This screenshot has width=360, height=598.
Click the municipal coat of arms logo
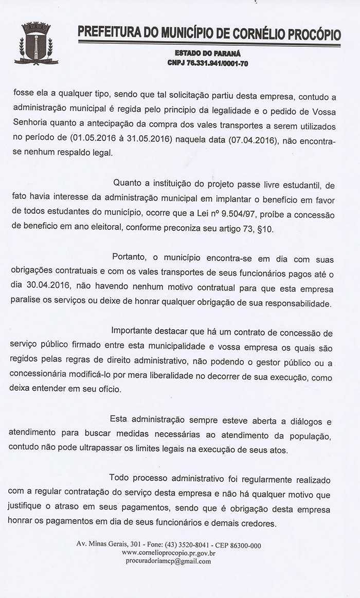click(36, 44)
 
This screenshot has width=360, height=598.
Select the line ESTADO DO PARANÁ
click(208, 53)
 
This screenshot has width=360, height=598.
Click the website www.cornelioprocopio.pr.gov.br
click(169, 553)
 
